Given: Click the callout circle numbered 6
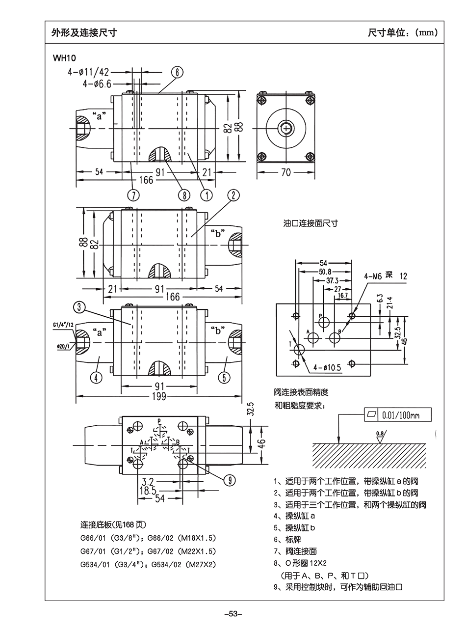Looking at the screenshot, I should (x=177, y=72).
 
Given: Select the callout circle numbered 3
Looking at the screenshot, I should (x=80, y=308).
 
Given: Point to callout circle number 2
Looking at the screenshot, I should (x=233, y=195).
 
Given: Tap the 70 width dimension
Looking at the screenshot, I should (x=286, y=172).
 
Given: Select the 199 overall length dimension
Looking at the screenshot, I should (x=159, y=396).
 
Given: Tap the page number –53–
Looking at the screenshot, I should (x=233, y=614).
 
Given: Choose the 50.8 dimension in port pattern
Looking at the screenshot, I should (x=325, y=272).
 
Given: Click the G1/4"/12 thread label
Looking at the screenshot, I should (x=63, y=325).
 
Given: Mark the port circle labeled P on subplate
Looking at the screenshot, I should (x=324, y=322).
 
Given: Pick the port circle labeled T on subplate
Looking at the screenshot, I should (x=299, y=350).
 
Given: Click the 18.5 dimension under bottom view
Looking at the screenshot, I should (x=147, y=490).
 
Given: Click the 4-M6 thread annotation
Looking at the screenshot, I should (x=373, y=276).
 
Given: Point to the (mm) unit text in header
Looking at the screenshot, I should (x=425, y=33).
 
